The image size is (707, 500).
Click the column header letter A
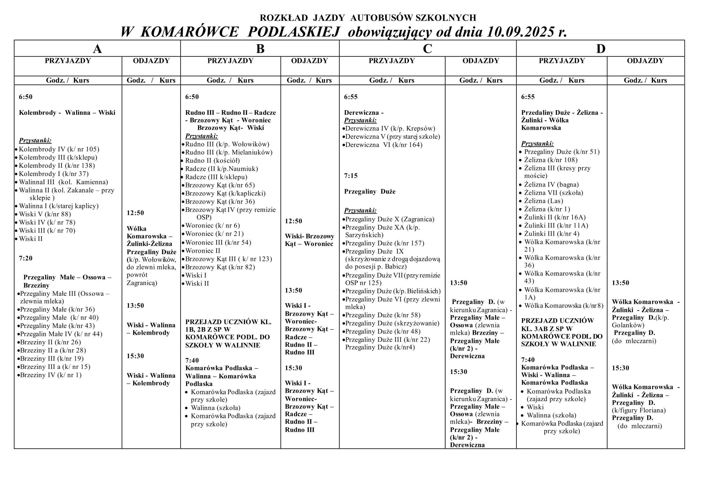coord(97,49)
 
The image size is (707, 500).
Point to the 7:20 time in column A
coord(26,258)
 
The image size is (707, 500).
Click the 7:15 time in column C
coord(351,176)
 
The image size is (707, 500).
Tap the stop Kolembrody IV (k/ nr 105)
coord(59,149)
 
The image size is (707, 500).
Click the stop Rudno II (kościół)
coord(212,160)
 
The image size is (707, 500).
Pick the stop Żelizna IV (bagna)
coord(551,185)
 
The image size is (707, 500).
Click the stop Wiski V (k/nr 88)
coord(45,214)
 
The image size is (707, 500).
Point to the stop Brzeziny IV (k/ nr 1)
coord(51,375)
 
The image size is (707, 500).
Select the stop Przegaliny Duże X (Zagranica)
coord(389,219)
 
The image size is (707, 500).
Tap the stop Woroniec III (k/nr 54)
coord(218,243)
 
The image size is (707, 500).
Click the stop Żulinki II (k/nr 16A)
coord(555,217)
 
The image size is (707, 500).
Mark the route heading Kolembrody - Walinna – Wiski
coord(67,113)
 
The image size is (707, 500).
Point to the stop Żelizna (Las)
coord(544,201)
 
